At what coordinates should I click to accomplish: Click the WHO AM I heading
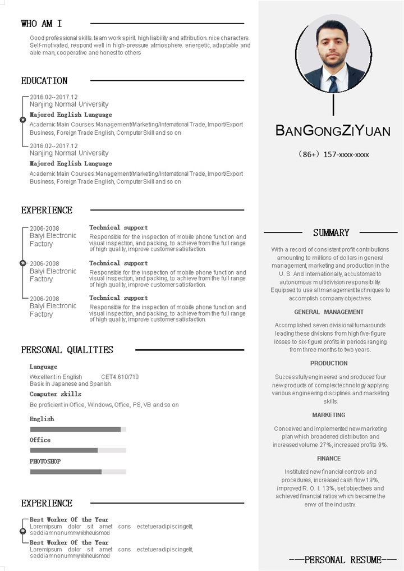[x=42, y=24]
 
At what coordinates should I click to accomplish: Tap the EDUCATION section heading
[x=44, y=81]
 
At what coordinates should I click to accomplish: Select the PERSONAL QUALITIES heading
[x=67, y=350]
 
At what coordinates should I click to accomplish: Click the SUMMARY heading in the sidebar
[x=331, y=232]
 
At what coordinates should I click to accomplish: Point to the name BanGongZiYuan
[x=333, y=131]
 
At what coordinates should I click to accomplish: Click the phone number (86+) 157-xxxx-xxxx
[x=333, y=154]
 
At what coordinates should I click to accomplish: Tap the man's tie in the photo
[x=333, y=84]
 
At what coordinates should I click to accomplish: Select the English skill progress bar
[x=77, y=430]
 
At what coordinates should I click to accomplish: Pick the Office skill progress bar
[x=77, y=450]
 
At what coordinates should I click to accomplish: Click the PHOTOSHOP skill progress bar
[x=77, y=472]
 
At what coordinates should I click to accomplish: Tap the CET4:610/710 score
[x=120, y=377]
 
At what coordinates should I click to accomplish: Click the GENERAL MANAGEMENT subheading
[x=329, y=312]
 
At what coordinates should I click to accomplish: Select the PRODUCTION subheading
[x=329, y=364]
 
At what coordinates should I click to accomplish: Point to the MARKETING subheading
[x=329, y=415]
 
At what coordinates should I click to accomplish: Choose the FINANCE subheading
[x=329, y=459]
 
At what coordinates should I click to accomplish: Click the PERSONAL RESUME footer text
[x=343, y=560]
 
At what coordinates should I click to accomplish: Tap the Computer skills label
[x=56, y=394]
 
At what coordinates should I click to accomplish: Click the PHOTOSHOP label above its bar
[x=45, y=462]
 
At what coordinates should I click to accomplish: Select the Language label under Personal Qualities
[x=43, y=367]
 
